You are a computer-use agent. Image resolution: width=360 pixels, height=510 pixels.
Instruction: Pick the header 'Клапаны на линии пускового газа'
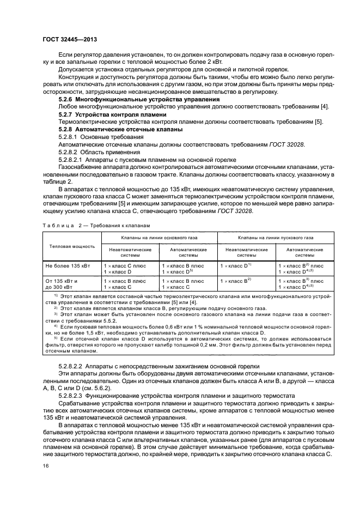click(x=276, y=238)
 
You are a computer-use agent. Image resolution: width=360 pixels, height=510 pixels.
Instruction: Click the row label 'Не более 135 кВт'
click(x=68, y=265)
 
